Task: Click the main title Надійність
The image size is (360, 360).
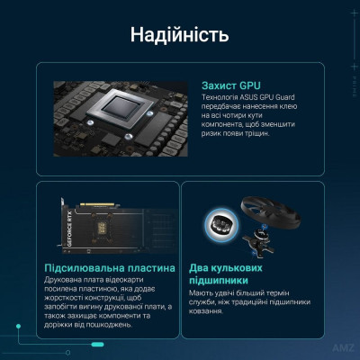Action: [x=179, y=35]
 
